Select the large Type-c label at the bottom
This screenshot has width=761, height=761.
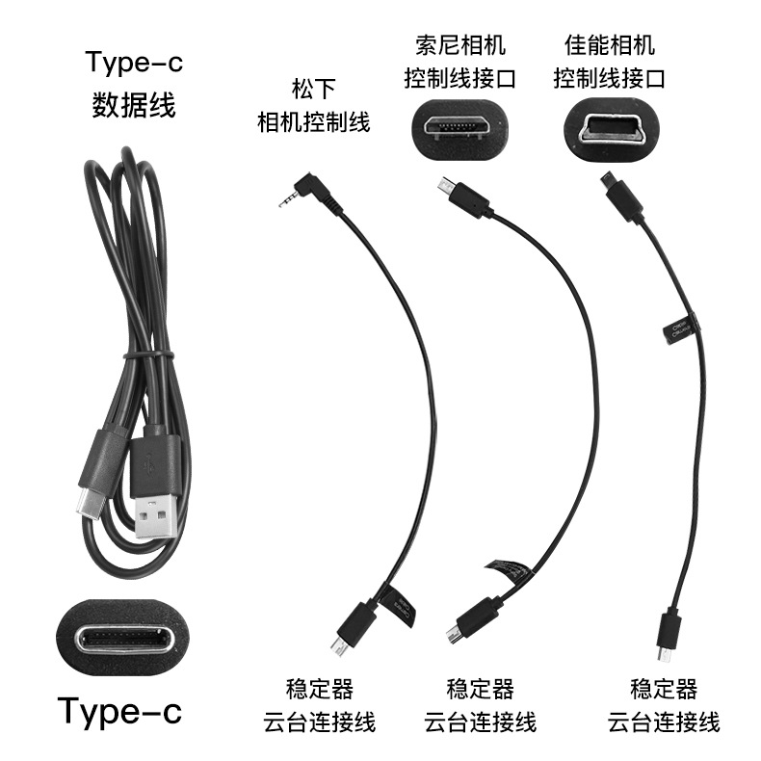point(119,712)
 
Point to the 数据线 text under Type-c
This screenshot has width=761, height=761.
point(133,103)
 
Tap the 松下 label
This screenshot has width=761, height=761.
point(313,91)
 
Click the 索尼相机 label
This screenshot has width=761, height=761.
point(459,44)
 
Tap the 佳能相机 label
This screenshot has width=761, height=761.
point(609,44)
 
